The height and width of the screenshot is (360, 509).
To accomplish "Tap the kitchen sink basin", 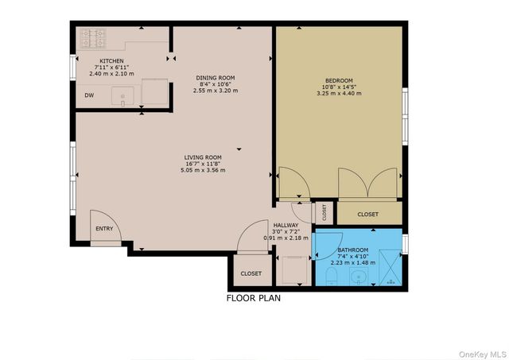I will [124, 97].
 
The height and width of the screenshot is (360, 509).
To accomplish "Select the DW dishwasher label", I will [89, 95].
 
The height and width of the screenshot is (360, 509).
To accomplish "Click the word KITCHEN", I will [112, 60].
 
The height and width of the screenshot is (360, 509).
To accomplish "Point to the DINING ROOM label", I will [216, 78].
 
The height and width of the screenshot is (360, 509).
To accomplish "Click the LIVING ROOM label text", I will [203, 157].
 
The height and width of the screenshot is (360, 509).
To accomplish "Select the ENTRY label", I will [104, 229].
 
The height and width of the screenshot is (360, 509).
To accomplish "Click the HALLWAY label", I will [286, 225].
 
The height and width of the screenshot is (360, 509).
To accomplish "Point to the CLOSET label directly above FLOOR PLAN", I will [251, 273].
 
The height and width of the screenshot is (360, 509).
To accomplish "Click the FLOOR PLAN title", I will [253, 300].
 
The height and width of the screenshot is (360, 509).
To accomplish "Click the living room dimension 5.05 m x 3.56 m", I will [203, 169].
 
